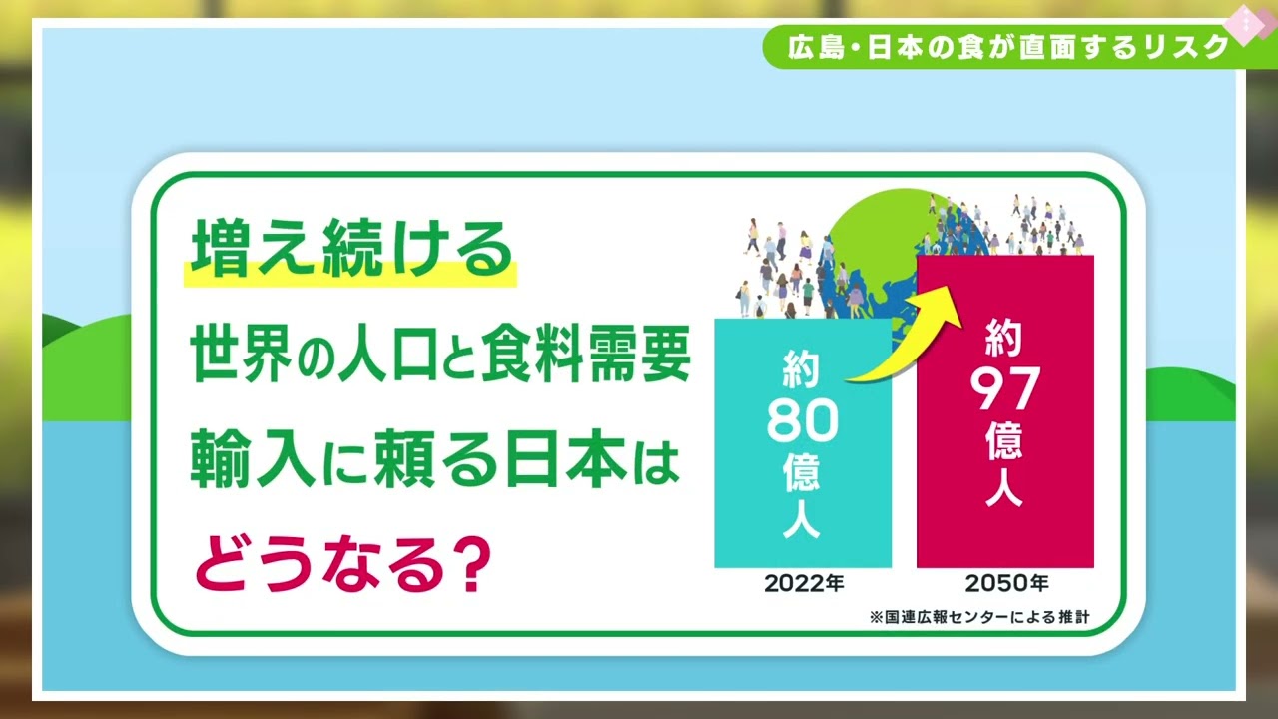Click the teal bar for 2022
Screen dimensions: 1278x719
point(803,442)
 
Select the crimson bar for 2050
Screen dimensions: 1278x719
point(1005,410)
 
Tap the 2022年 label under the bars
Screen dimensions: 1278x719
point(804,584)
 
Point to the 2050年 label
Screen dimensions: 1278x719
point(1006,584)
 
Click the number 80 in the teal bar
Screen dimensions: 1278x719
point(803,421)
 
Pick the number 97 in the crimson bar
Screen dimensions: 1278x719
point(1004,389)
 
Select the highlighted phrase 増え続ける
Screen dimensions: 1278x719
point(351,250)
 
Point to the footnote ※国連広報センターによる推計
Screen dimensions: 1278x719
point(979,617)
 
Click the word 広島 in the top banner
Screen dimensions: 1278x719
point(816,47)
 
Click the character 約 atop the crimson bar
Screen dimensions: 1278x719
point(1004,337)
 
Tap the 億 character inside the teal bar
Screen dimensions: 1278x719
point(802,472)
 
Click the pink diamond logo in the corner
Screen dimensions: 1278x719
point(1244,24)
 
